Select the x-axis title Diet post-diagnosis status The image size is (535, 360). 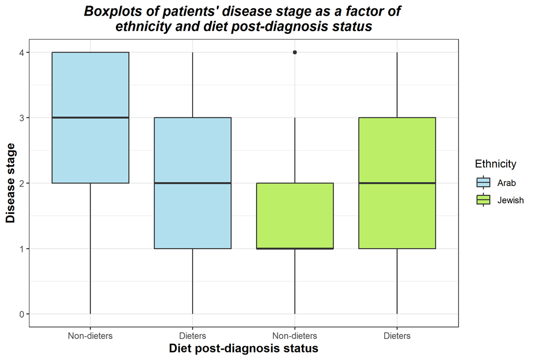244,348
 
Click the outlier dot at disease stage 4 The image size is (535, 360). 295,52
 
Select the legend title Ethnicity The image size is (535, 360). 495,164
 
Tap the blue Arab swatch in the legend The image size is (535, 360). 484,183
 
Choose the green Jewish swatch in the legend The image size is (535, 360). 484,200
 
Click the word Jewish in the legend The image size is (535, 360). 510,200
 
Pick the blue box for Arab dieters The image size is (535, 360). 193,217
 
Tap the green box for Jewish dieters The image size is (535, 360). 397,217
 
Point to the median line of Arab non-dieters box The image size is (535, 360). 91,117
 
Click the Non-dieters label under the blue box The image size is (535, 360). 91,335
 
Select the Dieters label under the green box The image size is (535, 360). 397,335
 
